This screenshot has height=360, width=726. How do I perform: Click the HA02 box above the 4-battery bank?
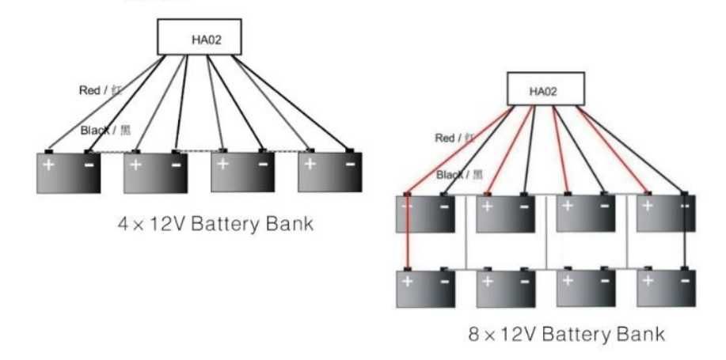pyautogui.click(x=198, y=37)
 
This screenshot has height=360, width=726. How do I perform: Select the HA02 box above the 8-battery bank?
pyautogui.click(x=544, y=91)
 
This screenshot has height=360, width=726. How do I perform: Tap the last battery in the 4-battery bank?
pyautogui.click(x=329, y=172)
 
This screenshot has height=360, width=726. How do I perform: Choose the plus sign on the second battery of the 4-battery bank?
pyautogui.click(x=136, y=165)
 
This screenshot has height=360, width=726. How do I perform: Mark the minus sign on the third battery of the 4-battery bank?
pyautogui.click(x=262, y=165)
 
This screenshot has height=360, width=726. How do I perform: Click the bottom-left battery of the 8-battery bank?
pyautogui.click(x=426, y=289)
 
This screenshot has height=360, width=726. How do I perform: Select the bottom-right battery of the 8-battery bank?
pyautogui.click(x=667, y=289)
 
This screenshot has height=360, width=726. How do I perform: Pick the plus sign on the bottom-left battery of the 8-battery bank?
pyautogui.click(x=408, y=281)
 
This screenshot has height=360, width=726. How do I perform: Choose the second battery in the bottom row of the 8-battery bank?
pyautogui.click(x=506, y=289)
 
